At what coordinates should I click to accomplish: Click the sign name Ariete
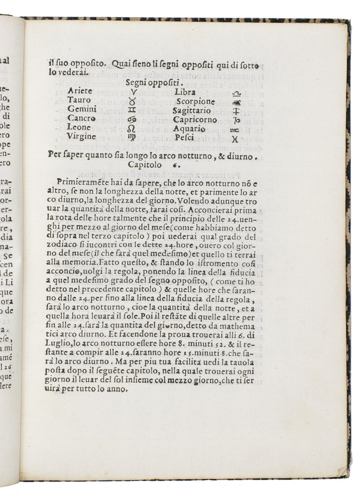coord(80,91)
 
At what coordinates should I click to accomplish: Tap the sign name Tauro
coord(79,100)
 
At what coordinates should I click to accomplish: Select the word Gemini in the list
coord(82,110)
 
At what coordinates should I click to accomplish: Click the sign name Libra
coord(185,92)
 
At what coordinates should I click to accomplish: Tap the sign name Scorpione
coord(195,102)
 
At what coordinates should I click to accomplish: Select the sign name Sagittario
coord(192,111)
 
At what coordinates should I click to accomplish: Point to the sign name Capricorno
coord(195,120)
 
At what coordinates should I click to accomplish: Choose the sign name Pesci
coord(184,138)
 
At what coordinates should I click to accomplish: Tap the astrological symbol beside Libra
coord(237,93)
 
